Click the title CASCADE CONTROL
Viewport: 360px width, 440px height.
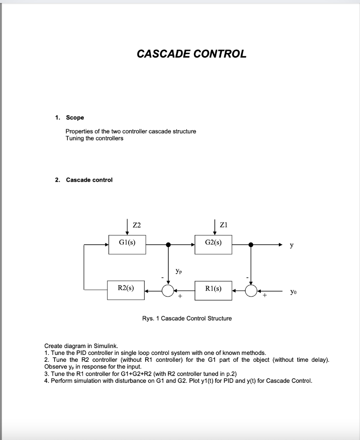pyautogui.click(x=192, y=54)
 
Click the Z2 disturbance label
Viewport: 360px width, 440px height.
pyautogui.click(x=137, y=225)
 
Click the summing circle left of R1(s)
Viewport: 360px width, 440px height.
pyautogui.click(x=251, y=291)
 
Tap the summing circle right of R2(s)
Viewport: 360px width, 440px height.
pyautogui.click(x=168, y=291)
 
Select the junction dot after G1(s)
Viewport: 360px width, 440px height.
pyautogui.click(x=168, y=244)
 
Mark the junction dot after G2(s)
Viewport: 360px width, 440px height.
pyautogui.click(x=251, y=244)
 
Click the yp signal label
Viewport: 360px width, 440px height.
pyautogui.click(x=179, y=271)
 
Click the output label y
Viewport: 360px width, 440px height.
pyautogui.click(x=292, y=245)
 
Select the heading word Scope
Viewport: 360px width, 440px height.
pyautogui.click(x=75, y=117)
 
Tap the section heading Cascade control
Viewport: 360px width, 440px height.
pyautogui.click(x=89, y=180)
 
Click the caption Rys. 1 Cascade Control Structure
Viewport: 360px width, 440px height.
pyautogui.click(x=187, y=318)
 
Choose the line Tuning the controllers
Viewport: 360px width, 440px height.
pyautogui.click(x=94, y=138)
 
